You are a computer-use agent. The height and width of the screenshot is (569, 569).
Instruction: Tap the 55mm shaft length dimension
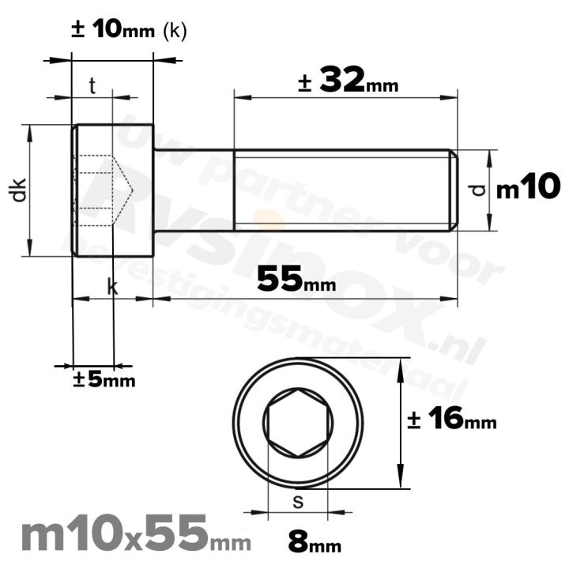(296, 278)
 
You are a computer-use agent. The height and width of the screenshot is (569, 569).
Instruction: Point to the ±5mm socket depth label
(104, 380)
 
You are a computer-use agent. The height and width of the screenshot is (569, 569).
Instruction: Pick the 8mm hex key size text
(314, 545)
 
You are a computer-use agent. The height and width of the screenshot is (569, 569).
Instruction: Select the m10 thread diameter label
(528, 188)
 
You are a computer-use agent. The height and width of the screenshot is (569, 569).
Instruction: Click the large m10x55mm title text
(134, 535)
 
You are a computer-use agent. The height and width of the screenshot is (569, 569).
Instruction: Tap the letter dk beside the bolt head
(19, 190)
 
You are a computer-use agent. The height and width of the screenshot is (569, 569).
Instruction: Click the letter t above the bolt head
(92, 86)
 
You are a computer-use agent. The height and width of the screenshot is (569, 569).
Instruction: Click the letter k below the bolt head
(112, 288)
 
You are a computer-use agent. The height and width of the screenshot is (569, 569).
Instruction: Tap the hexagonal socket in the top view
(298, 427)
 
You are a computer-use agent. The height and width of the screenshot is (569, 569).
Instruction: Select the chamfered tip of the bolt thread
(454, 190)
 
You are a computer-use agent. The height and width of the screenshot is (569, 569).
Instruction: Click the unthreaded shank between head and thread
(194, 190)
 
